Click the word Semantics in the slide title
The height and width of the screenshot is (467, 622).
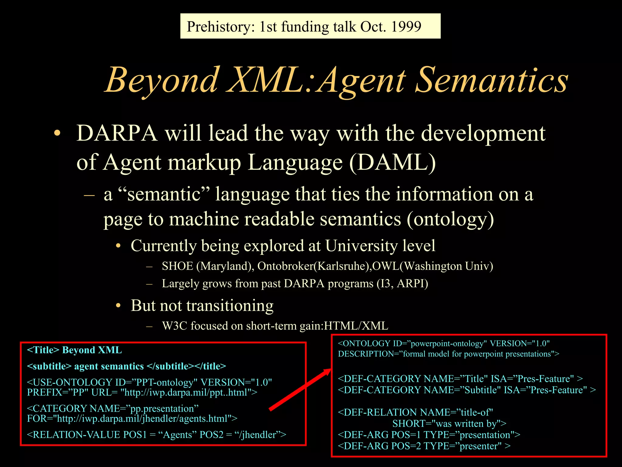click(491, 80)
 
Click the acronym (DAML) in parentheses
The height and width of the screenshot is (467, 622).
click(392, 162)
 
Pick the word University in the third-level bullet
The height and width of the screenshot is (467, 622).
click(361, 246)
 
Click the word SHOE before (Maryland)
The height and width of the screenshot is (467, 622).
click(177, 266)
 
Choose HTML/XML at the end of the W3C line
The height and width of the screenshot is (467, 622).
click(356, 326)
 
